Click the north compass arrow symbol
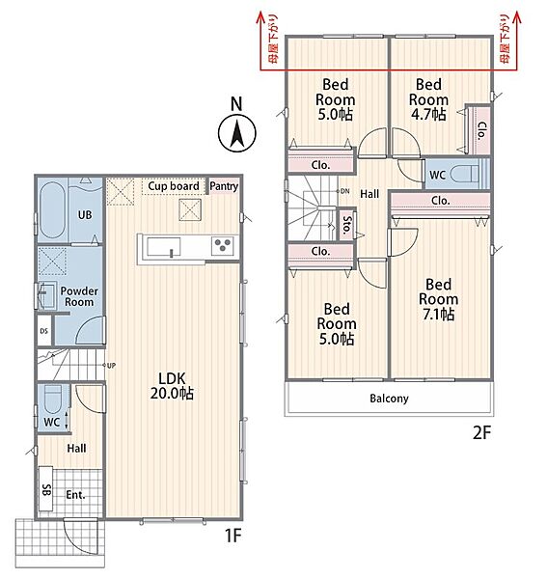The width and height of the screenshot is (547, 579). pos(236,133)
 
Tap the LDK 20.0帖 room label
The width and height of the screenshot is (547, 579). pos(172,386)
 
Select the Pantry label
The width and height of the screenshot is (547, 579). pos(224,186)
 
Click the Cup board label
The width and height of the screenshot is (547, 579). pos(174,186)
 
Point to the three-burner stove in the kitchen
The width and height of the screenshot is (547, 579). pos(223,245)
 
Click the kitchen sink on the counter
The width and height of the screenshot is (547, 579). pos(164,247)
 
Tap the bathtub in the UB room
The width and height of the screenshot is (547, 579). pos(52,210)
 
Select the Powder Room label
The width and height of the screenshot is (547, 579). pos(79,296)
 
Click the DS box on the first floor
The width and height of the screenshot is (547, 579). pos(44,331)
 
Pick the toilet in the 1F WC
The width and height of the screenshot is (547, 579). pos(53,399)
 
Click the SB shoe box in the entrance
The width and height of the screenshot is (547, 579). pos(46,490)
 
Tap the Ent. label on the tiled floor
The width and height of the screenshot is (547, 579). pos(75,495)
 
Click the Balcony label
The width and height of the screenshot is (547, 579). pos(389,399)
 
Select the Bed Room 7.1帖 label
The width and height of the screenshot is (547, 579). pos(439,299)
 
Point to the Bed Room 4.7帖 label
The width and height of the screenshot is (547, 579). pos(428,99)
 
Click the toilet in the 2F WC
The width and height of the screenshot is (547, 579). pos(465,174)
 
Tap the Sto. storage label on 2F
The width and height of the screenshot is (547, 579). pos(347,224)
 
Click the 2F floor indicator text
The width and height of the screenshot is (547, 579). pos(481,432)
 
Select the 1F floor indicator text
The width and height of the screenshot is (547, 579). pos(232,535)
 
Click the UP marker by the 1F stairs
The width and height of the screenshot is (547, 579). pos(111,365)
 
